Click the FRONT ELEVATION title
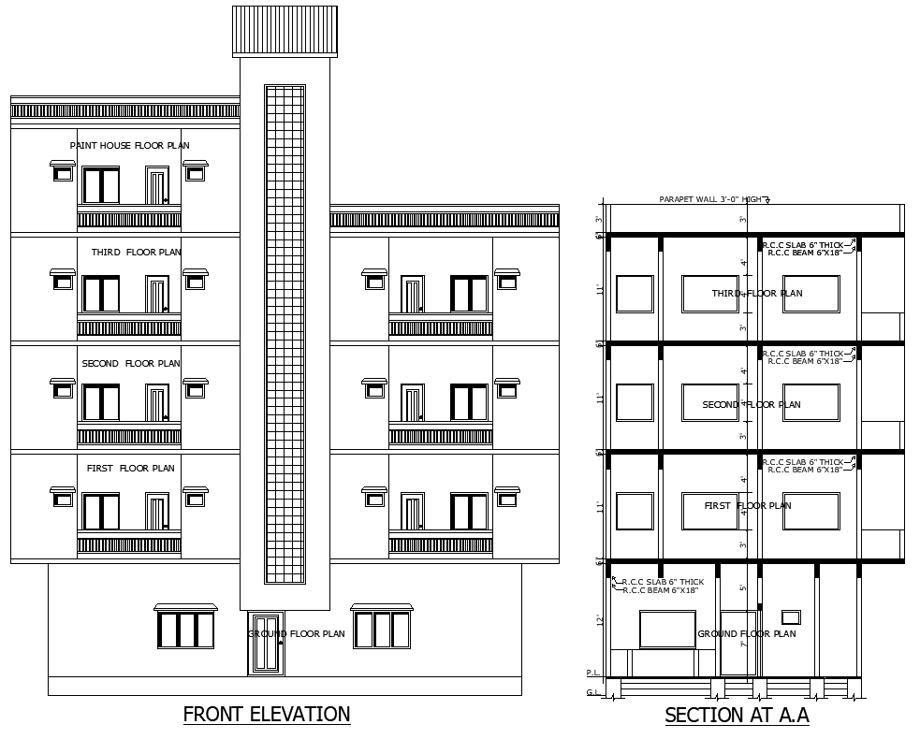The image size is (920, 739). [x=267, y=715]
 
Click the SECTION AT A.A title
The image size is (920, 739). [x=737, y=717]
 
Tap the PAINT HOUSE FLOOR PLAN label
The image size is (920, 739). [x=129, y=145]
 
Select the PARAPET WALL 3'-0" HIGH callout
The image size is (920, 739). [x=710, y=199]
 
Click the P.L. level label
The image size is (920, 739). [x=592, y=673]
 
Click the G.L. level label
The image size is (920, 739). [x=592, y=692]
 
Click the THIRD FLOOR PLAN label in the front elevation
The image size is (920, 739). [x=136, y=253]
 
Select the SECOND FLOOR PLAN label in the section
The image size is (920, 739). [x=752, y=405]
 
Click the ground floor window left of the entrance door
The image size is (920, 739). [x=185, y=630]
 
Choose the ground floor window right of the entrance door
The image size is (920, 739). [x=382, y=630]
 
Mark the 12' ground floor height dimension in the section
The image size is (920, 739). [x=599, y=620]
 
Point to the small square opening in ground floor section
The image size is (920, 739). [x=791, y=617]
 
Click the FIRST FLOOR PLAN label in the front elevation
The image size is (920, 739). [x=130, y=469]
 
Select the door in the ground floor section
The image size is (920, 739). [x=737, y=644]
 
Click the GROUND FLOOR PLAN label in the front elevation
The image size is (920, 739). [x=298, y=634]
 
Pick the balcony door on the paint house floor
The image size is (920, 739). [x=156, y=185]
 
